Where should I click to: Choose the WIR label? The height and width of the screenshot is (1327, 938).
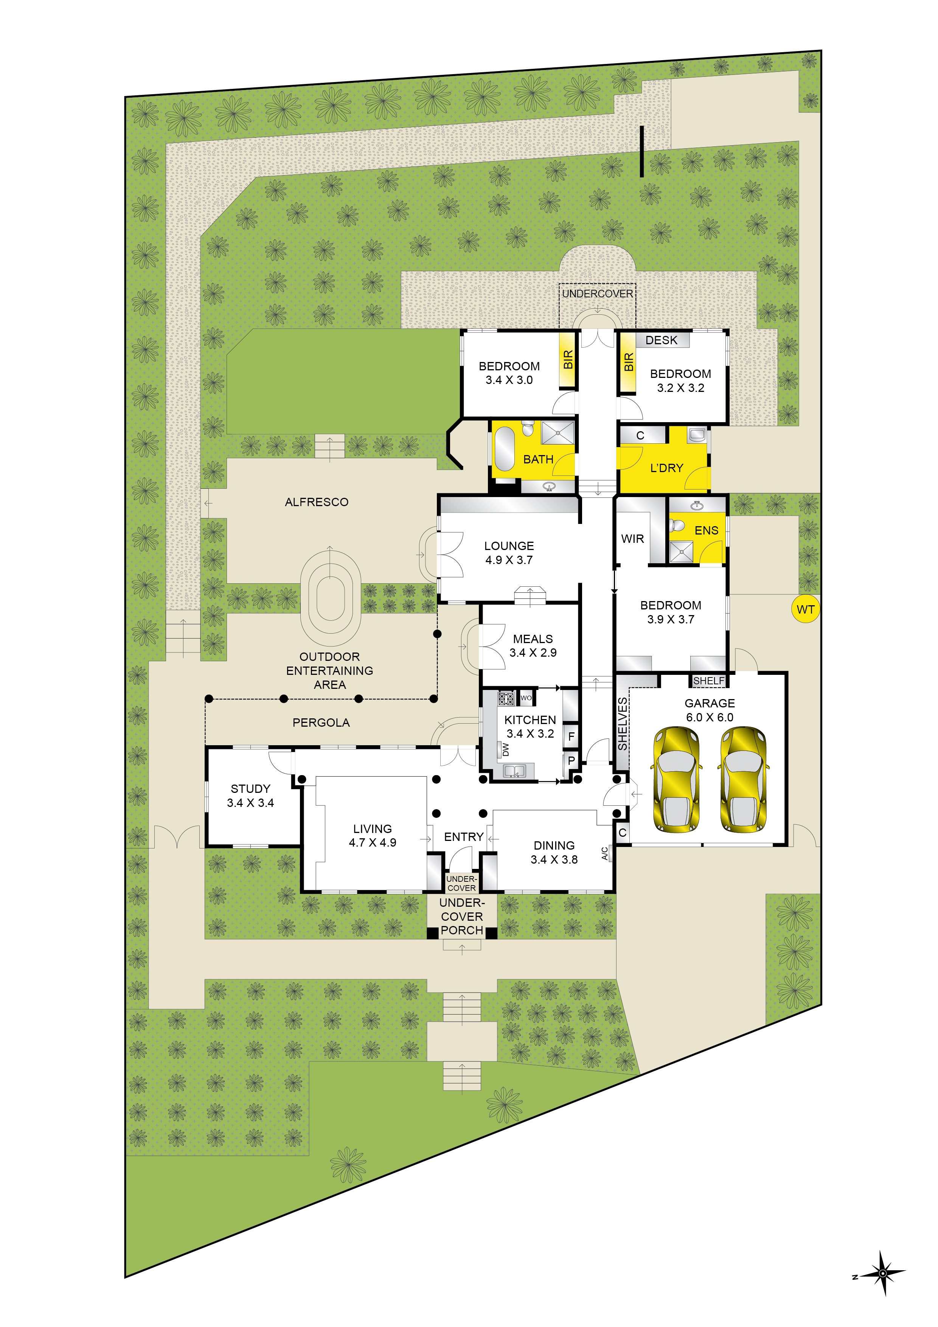632,539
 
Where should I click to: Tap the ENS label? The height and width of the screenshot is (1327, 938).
706,531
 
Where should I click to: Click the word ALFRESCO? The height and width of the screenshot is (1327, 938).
317,502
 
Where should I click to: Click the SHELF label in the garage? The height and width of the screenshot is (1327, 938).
708,681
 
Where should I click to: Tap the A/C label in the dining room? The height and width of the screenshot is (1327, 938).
604,853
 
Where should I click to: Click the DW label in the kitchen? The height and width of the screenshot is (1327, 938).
506,749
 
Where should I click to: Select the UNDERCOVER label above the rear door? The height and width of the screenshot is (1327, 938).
598,294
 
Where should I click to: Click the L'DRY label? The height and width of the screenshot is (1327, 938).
666,468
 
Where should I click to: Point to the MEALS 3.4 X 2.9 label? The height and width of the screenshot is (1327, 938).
533,646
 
